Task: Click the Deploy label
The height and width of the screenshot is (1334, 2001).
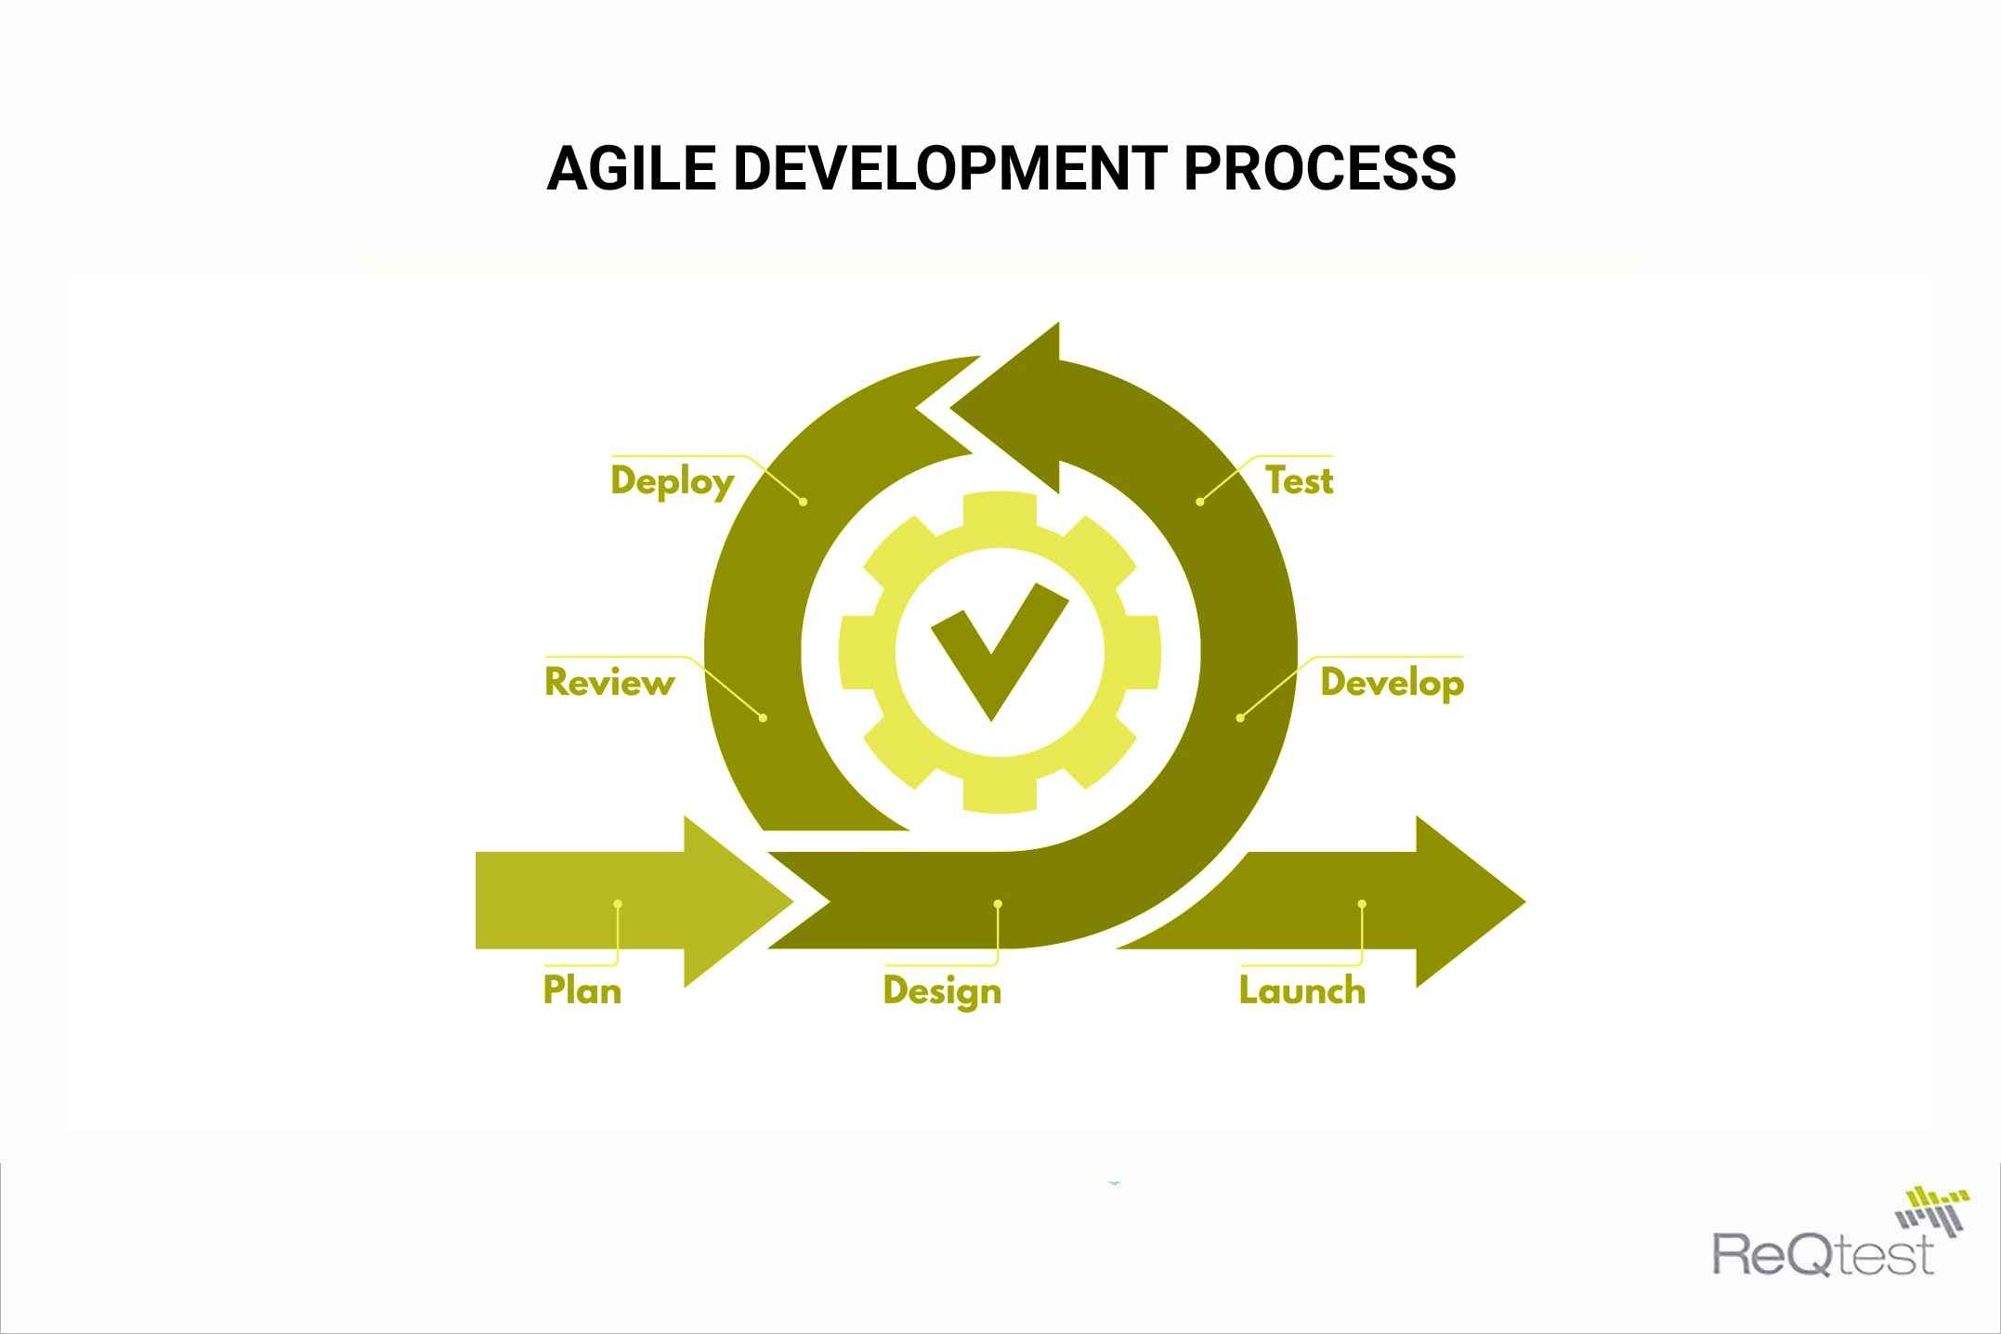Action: pyautogui.click(x=673, y=481)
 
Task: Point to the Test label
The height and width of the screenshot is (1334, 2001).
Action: pyautogui.click(x=1299, y=481)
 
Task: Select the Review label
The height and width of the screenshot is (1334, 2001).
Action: pyautogui.click(x=609, y=683)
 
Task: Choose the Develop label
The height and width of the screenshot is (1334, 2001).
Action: pyautogui.click(x=1392, y=683)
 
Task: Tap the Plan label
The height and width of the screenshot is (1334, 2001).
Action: pyautogui.click(x=582, y=990)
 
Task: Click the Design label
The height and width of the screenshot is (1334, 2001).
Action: pyautogui.click(x=942, y=991)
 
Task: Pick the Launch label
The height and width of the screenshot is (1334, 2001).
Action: pyautogui.click(x=1302, y=990)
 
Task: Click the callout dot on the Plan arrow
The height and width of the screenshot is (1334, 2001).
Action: pyautogui.click(x=618, y=904)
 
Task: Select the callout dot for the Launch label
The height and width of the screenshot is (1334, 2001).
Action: pyautogui.click(x=1362, y=904)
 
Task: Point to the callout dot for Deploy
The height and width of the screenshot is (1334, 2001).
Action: pyautogui.click(x=804, y=502)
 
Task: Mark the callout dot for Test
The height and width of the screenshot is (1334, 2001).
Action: pyautogui.click(x=1199, y=502)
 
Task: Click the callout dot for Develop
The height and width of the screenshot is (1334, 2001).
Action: pyautogui.click(x=1240, y=718)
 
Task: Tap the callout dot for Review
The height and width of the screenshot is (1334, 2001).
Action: pyautogui.click(x=764, y=718)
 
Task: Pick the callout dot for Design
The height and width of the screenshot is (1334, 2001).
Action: pyautogui.click(x=998, y=904)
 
